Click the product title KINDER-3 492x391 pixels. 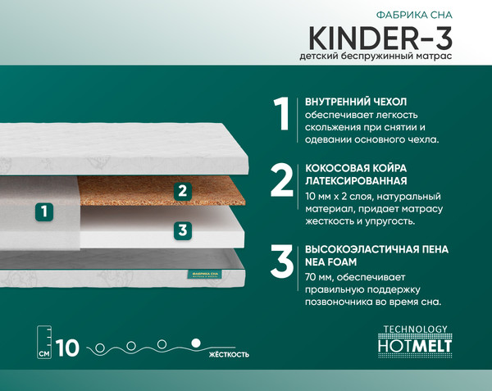pyautogui.click(x=382, y=35)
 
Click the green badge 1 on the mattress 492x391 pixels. pyautogui.click(x=44, y=211)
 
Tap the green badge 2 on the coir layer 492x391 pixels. pyautogui.click(x=182, y=192)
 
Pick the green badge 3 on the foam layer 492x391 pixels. pyautogui.click(x=182, y=230)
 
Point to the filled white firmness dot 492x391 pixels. pyautogui.click(x=195, y=342)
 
